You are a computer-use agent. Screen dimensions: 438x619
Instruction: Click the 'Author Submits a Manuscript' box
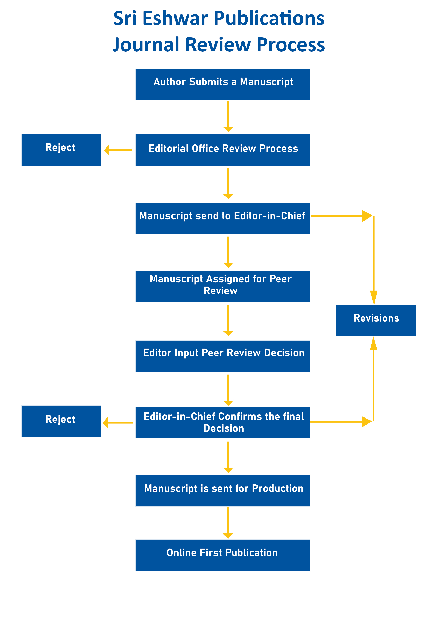click(x=223, y=84)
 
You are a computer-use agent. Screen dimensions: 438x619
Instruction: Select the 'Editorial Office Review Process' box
click(x=223, y=150)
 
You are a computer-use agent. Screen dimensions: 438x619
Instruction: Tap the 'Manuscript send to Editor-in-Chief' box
click(x=223, y=218)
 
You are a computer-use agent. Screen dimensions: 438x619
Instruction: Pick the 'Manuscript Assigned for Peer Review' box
click(x=223, y=286)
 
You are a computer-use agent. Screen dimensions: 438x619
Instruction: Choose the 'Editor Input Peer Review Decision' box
click(x=223, y=356)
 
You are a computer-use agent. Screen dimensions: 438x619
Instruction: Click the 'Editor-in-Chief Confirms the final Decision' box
click(x=223, y=422)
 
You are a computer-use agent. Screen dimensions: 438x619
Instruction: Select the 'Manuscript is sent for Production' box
click(x=223, y=491)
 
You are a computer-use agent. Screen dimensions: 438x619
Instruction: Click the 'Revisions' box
click(x=376, y=320)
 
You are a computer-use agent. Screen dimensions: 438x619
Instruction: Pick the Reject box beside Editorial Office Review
click(x=61, y=150)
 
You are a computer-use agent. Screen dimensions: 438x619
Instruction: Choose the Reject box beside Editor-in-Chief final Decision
click(x=61, y=421)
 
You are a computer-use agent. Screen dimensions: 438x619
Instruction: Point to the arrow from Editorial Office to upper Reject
click(x=118, y=150)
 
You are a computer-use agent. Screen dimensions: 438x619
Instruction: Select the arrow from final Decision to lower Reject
click(x=118, y=422)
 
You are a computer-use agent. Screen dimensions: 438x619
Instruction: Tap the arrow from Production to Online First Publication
click(x=228, y=523)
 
